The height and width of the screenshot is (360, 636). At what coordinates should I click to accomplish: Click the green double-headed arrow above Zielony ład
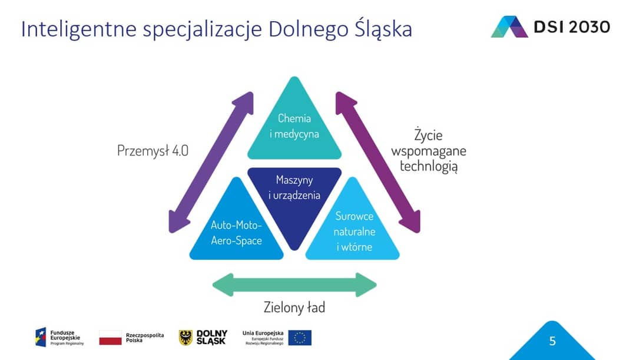[294, 285]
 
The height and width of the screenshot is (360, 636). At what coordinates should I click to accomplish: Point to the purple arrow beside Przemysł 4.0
[211, 163]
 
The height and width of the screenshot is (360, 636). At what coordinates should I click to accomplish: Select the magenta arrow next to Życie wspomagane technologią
[377, 163]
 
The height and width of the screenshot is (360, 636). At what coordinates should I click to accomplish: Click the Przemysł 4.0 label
[153, 151]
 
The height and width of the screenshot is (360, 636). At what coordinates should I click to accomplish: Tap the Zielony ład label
[294, 307]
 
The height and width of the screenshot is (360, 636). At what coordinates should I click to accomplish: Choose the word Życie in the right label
[428, 134]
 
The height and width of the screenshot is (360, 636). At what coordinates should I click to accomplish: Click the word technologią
[429, 166]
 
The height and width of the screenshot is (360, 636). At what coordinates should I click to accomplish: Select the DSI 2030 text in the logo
[572, 27]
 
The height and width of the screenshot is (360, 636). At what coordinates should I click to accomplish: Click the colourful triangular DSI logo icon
[509, 27]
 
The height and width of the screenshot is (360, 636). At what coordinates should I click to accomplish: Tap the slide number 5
[552, 341]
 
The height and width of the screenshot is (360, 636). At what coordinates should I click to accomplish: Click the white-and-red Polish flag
[110, 337]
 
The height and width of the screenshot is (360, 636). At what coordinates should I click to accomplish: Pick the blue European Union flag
[300, 338]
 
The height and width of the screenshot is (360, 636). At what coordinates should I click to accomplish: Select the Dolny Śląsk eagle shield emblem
[185, 338]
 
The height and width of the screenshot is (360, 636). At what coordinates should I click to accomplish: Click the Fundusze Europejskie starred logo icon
[41, 337]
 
